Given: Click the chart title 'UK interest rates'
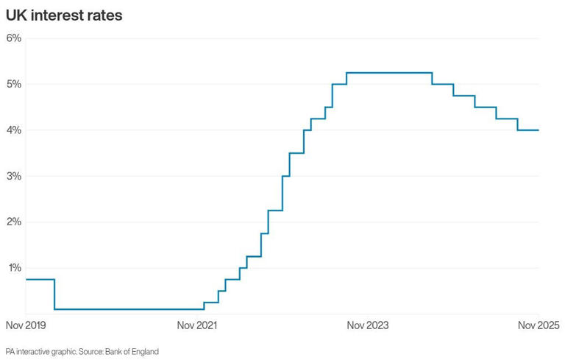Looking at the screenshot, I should tap(64, 14).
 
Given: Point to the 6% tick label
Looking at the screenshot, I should tap(15, 38).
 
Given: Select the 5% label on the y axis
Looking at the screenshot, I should tap(15, 84).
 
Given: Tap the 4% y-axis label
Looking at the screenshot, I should tap(15, 130).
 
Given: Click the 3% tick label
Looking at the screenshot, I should tap(15, 176).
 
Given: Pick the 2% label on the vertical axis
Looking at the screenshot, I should tap(15, 222).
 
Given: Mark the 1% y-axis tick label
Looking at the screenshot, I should tap(15, 268).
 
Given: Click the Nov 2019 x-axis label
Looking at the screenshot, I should tap(26, 325).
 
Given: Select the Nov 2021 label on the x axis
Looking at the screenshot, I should tap(197, 325).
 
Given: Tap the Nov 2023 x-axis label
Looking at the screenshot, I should tap(368, 325).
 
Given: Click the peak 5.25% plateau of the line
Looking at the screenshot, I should tap(388, 73).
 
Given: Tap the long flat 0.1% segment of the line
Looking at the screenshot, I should tap(129, 309).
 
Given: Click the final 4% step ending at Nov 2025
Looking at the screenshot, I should tap(528, 130).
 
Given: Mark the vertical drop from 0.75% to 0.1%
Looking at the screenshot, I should tap(54, 294).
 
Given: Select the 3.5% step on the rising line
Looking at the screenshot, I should tap(296, 153).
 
